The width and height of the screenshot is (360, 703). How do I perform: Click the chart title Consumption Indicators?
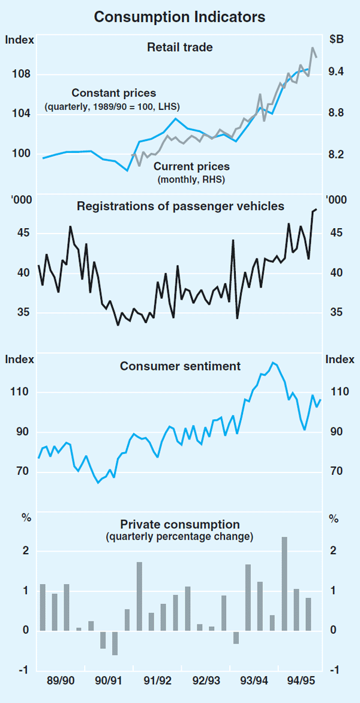click(x=180, y=17)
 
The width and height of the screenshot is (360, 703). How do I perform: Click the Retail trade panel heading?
click(x=180, y=46)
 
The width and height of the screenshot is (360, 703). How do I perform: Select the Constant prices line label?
click(x=113, y=93)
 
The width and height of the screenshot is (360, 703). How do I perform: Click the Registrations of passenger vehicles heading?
click(x=180, y=207)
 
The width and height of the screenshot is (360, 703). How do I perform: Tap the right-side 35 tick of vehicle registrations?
click(x=334, y=313)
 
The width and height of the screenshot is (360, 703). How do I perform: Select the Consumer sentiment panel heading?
click(x=180, y=366)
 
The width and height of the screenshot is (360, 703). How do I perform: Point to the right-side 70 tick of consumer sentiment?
click(x=334, y=472)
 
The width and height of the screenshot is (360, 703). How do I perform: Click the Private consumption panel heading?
click(x=180, y=524)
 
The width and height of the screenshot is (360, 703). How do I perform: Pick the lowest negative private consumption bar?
click(x=115, y=643)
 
